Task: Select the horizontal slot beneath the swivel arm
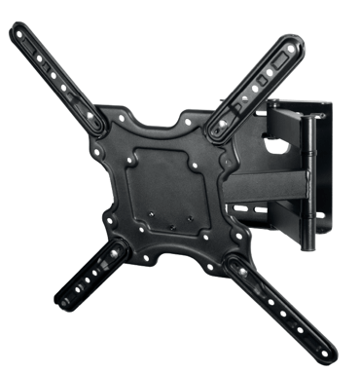(x=255, y=209)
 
